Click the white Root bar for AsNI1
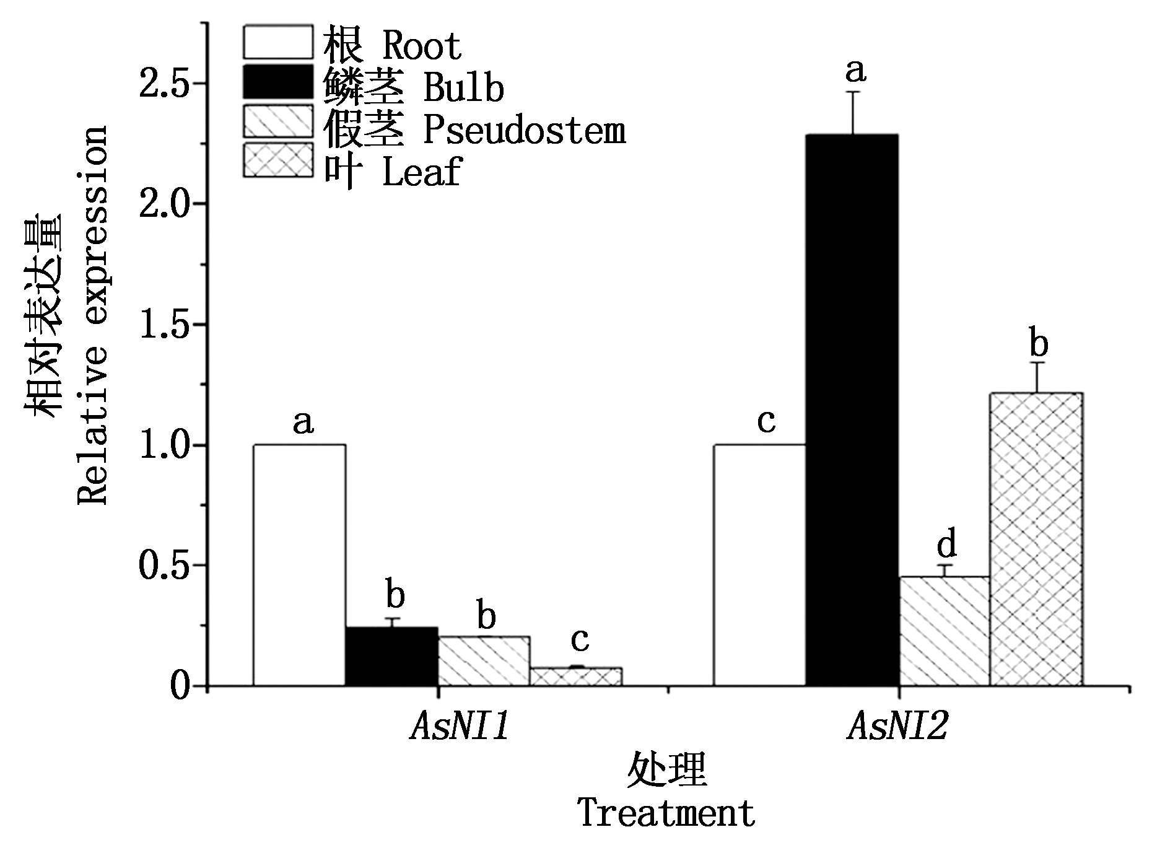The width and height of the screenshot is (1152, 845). coord(299,564)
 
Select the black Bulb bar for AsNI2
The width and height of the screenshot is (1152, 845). coord(852,409)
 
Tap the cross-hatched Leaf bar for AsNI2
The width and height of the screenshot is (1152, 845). coord(1036,539)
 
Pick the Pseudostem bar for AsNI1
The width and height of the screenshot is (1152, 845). coord(484,660)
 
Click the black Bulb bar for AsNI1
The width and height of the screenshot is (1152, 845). coord(391,656)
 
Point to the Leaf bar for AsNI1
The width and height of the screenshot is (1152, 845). coord(576,676)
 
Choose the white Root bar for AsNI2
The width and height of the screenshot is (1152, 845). coord(760,564)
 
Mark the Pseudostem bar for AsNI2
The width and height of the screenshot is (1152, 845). coord(945,631)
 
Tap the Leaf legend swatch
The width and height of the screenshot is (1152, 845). coord(277,160)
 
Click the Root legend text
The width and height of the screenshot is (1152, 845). coord(393,45)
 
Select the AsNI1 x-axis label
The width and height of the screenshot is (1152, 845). coord(460,727)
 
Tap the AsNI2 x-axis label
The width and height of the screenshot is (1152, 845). coord(897,727)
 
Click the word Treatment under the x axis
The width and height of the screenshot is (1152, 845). coord(666,813)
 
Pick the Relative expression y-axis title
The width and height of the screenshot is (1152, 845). coord(93,316)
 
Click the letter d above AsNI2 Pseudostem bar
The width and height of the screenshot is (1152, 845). coord(946,545)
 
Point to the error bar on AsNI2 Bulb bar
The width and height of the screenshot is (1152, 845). coord(853,113)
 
